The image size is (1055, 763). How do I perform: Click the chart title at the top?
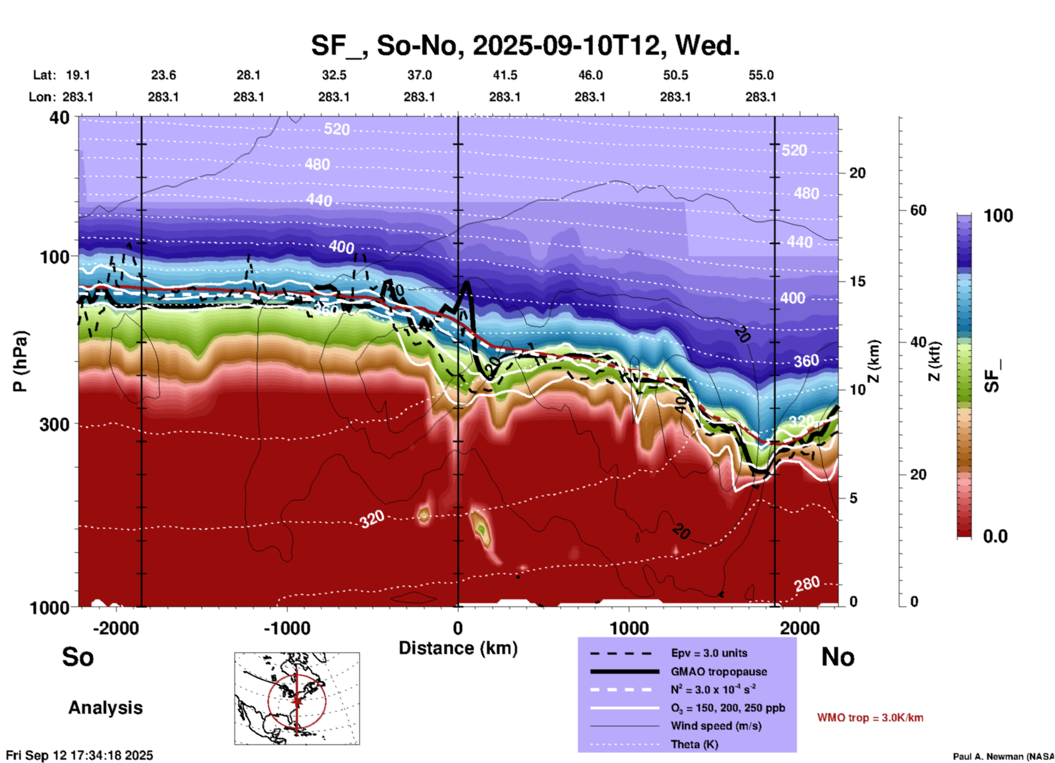tap(525, 45)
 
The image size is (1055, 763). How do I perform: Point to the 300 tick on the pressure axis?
tap(54, 424)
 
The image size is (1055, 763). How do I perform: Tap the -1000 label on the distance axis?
tap(286, 628)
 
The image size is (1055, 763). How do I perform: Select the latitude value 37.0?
tap(419, 75)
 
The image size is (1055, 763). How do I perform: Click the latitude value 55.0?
tap(761, 75)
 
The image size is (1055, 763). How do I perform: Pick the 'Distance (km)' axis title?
tap(458, 648)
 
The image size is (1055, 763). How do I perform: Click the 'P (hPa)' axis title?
tap(20, 361)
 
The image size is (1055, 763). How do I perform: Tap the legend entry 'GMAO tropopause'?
tap(719, 672)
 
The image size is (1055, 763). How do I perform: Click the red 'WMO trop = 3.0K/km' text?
tap(870, 718)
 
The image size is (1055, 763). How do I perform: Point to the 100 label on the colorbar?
tap(998, 216)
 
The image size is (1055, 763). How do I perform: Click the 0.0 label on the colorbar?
tap(995, 536)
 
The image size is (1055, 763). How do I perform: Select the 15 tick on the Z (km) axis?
tap(857, 281)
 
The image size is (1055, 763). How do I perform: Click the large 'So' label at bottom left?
tap(78, 657)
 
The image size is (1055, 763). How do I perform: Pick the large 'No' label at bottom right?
tap(838, 657)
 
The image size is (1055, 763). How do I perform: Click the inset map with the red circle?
tap(297, 698)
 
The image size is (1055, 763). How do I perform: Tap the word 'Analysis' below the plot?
tap(105, 708)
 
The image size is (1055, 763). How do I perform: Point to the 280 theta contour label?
tap(807, 585)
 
